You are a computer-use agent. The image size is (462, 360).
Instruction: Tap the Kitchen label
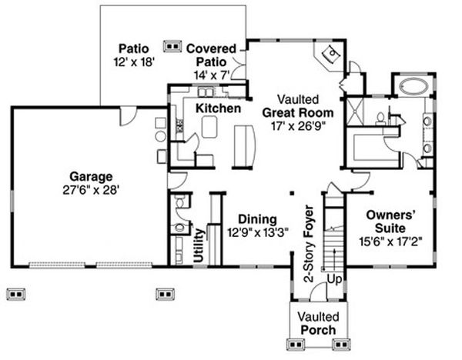tap(217, 108)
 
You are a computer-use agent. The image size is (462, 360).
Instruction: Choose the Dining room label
tap(258, 218)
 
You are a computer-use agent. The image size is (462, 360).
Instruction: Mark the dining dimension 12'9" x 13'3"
tap(258, 232)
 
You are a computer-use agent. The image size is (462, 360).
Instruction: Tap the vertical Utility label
tap(199, 245)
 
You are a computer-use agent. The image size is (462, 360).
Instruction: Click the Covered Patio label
tap(211, 55)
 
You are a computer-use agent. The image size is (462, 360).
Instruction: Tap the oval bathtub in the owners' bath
tap(414, 85)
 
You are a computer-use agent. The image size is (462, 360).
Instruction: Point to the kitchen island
tap(211, 128)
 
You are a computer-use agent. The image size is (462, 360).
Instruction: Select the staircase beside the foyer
tap(334, 238)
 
